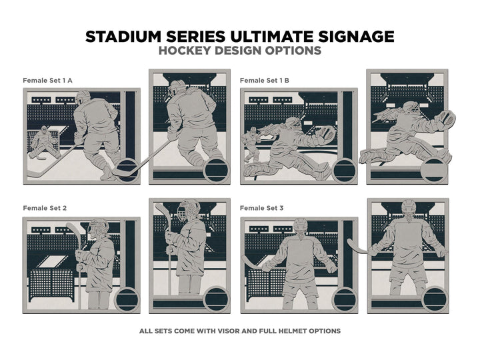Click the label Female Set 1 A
(47, 81)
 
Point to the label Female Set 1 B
(265, 81)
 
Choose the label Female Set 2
(45, 208)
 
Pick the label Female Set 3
(262, 208)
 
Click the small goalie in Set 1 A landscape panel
(45, 142)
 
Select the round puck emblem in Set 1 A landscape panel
(127, 169)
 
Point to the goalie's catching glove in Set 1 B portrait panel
(446, 121)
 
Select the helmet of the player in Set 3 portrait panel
(409, 209)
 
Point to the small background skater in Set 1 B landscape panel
(251, 144)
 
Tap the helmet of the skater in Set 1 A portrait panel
(177, 88)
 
